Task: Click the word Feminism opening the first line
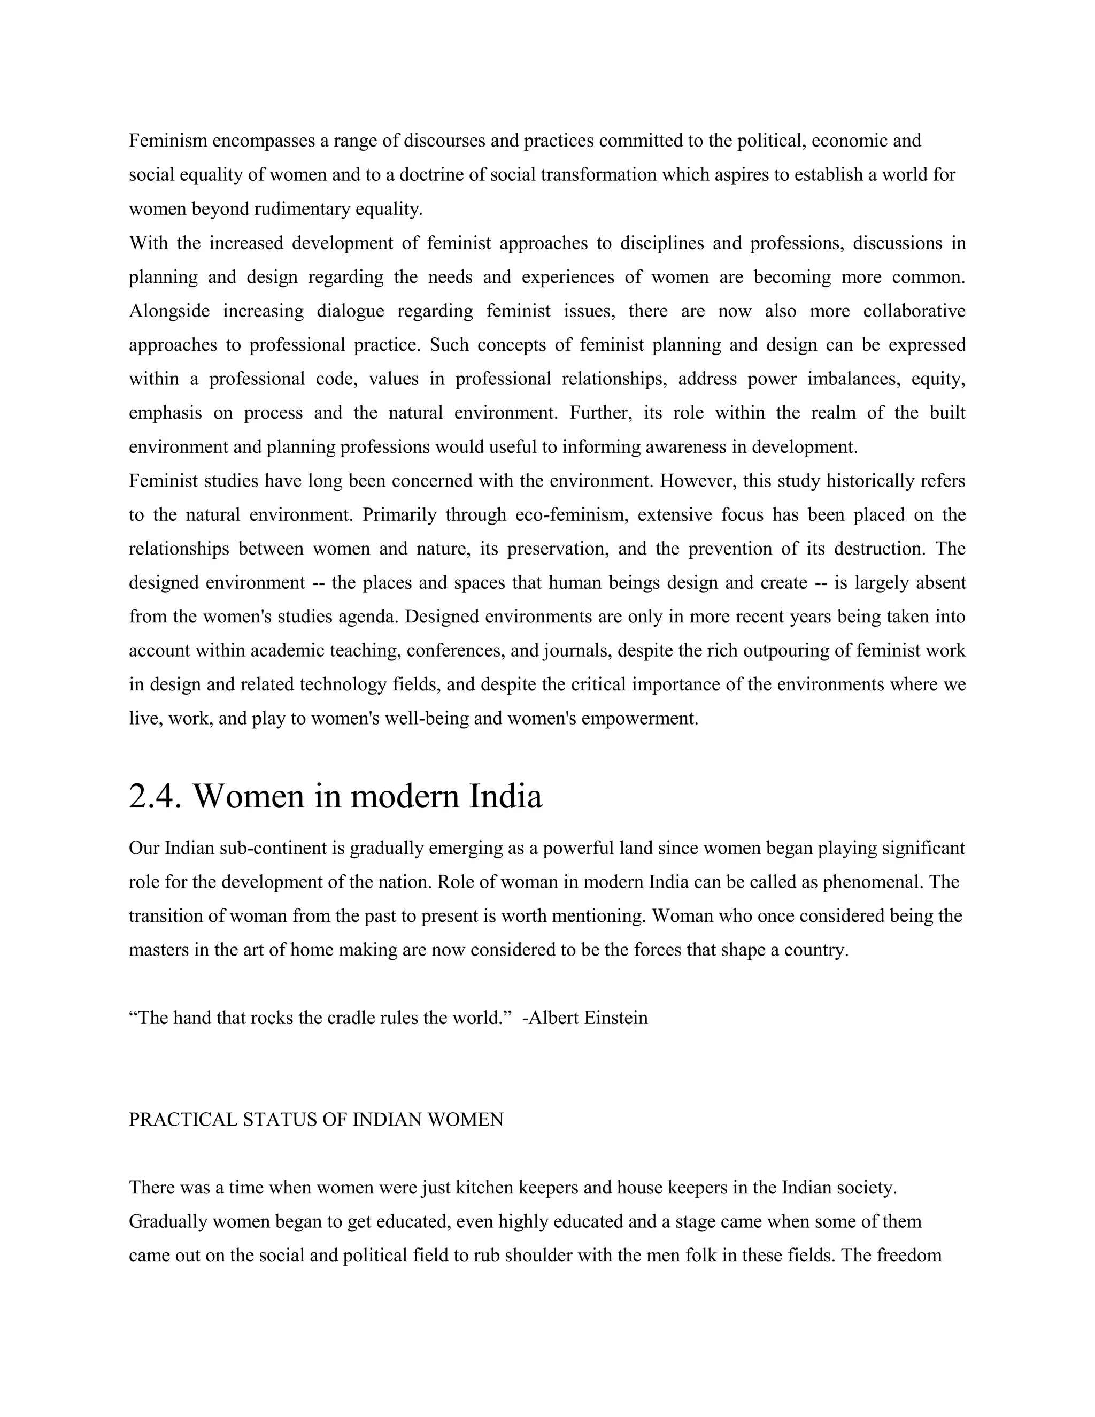point(167,141)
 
